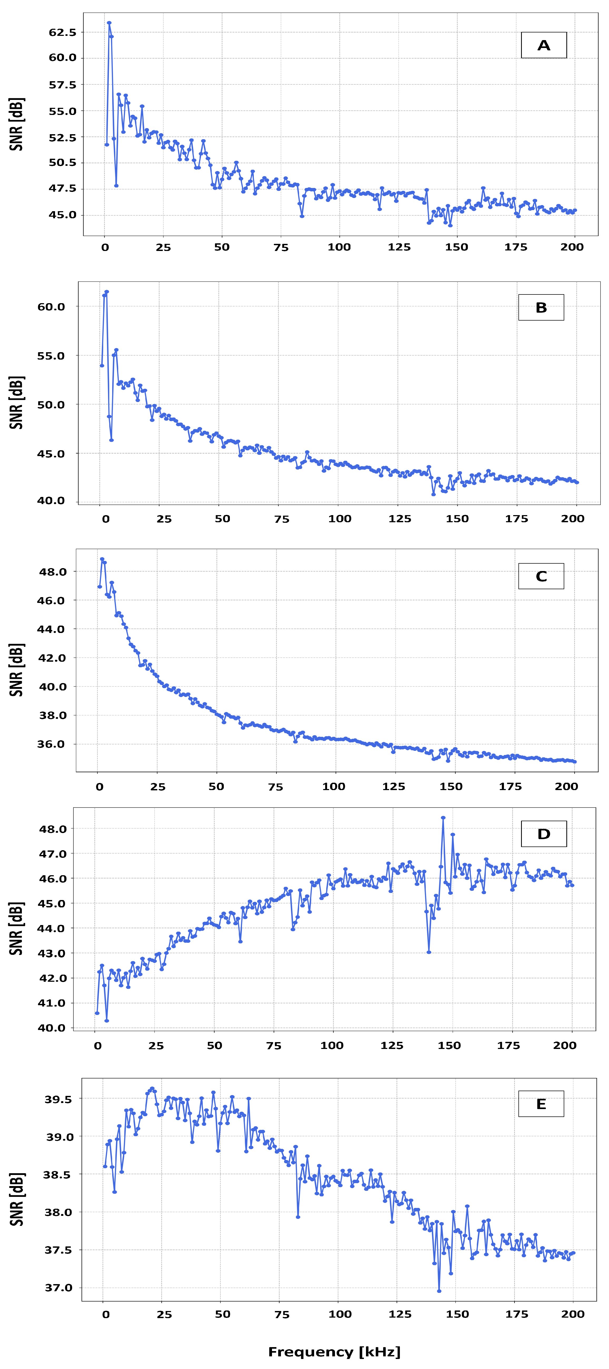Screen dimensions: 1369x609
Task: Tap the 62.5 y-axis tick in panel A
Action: tap(63, 32)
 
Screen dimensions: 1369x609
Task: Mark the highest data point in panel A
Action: tap(109, 23)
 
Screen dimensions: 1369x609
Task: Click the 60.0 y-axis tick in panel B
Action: tap(51, 307)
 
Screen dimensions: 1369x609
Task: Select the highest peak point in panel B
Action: tap(107, 292)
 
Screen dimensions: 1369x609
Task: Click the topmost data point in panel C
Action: tap(102, 559)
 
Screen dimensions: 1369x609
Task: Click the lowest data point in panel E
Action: tap(439, 1291)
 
